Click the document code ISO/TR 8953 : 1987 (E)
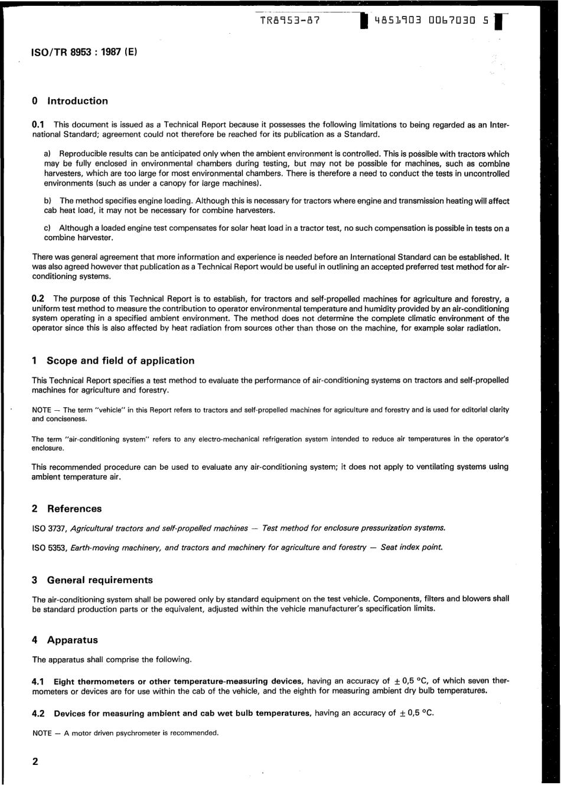84,52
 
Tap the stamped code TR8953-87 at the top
290,21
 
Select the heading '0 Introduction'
70,101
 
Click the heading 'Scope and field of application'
120,361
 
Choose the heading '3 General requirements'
92,580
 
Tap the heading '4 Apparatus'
64,640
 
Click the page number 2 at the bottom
35,761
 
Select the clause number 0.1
38,125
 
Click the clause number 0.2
38,299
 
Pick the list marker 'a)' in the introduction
48,153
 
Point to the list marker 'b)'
48,201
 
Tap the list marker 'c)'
48,228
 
